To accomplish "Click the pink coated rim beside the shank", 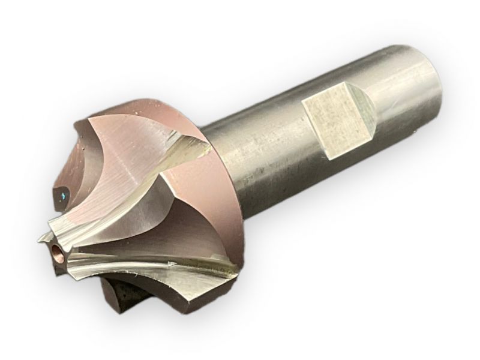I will coord(198,198).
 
